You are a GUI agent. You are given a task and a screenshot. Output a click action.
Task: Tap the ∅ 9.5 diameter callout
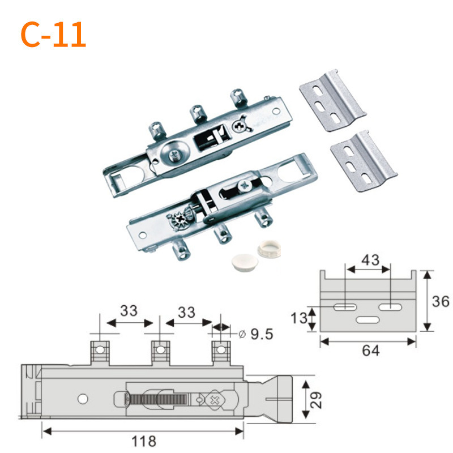(x=256, y=334)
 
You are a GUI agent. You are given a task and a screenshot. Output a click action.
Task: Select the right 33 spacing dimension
(x=187, y=311)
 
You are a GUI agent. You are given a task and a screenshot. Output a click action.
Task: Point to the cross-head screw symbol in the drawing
(x=215, y=401)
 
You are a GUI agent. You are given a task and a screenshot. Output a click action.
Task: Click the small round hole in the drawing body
(x=83, y=399)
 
